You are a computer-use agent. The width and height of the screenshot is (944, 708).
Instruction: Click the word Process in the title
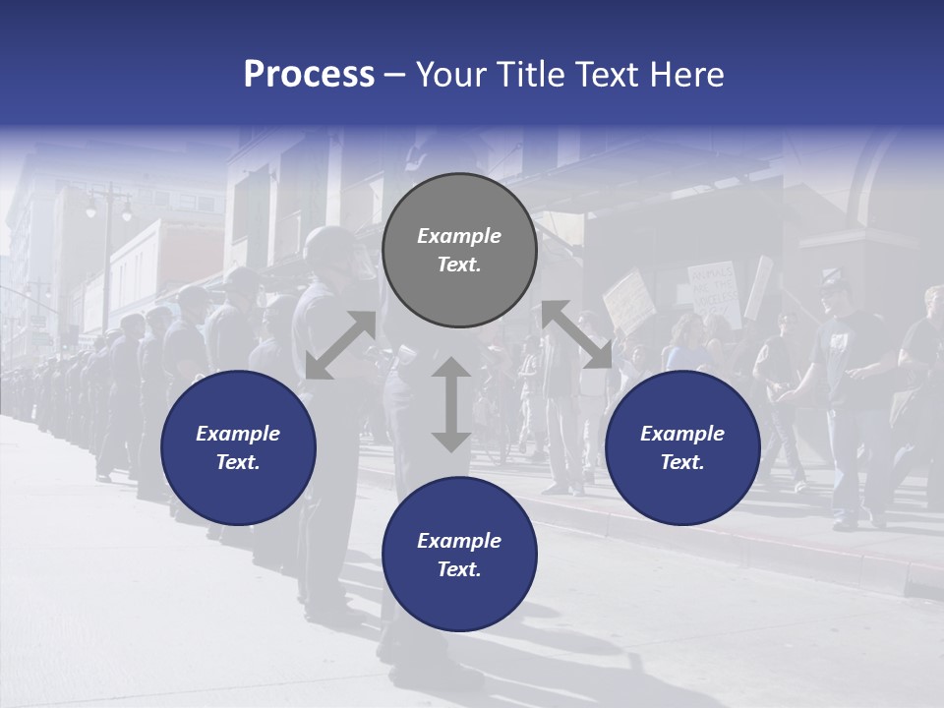309,75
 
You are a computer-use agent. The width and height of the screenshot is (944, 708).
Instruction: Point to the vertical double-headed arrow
451,404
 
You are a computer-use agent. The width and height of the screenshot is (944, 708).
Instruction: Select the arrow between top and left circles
340,345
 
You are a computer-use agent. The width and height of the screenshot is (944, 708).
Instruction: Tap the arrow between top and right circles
576,334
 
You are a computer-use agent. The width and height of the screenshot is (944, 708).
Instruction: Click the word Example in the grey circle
459,236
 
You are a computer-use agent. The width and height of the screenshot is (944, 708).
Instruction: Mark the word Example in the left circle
238,434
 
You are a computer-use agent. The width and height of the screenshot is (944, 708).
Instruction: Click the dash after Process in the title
395,75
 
